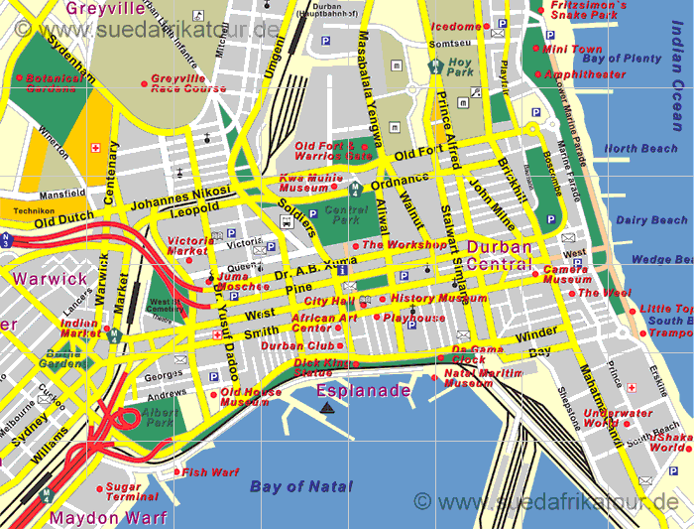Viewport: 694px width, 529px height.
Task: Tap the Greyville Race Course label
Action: coord(189,82)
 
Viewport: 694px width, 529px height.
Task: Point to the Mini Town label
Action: coord(572,49)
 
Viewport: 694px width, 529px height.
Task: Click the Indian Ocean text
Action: coord(676,90)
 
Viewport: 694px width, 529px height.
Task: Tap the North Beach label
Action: coord(640,149)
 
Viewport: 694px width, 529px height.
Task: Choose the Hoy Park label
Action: coord(459,66)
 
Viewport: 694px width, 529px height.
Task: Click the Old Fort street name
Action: coord(417,155)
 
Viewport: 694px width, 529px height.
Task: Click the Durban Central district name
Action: coord(500,255)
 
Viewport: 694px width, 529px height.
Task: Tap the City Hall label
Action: coord(329,300)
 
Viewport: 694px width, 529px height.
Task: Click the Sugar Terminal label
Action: coord(132,491)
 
